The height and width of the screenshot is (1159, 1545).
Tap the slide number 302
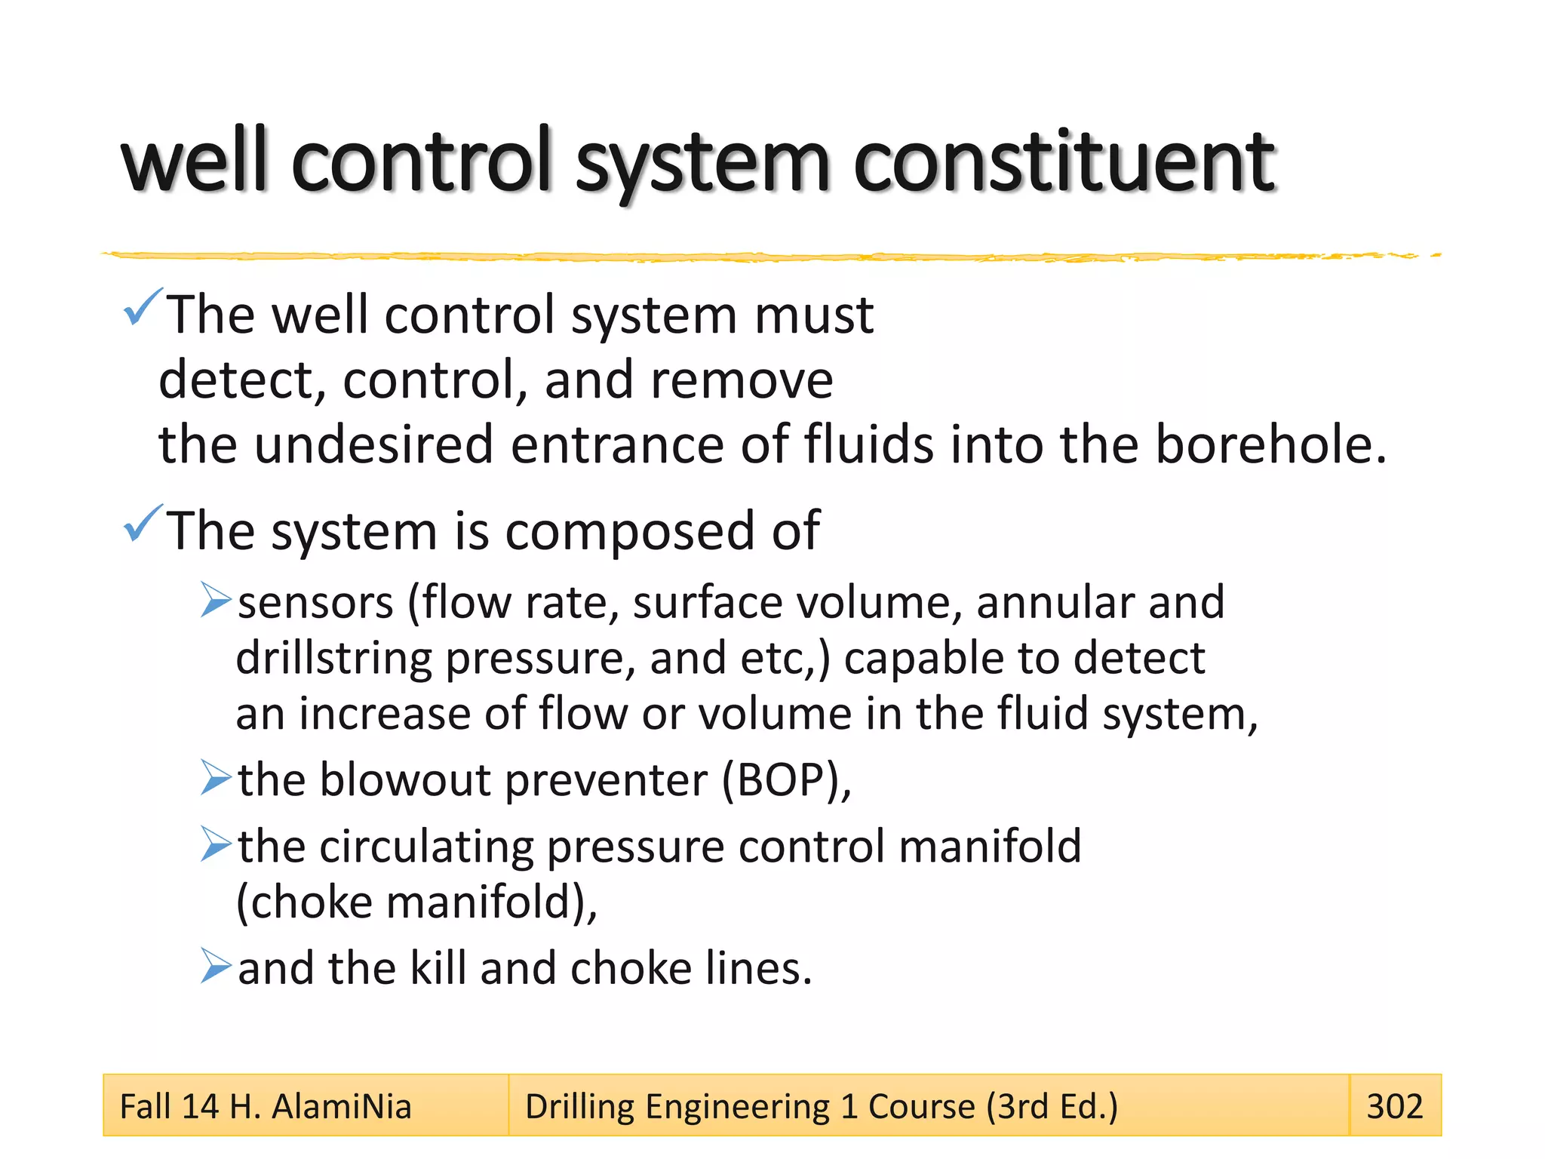tap(1394, 1106)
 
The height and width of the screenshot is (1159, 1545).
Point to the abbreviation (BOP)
tap(785, 779)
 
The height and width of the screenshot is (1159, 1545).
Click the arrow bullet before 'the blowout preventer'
tap(215, 778)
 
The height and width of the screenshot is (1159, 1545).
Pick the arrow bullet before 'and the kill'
tap(215, 966)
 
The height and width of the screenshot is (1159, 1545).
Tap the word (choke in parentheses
tap(304, 902)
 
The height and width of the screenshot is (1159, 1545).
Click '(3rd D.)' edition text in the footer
tap(1052, 1106)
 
